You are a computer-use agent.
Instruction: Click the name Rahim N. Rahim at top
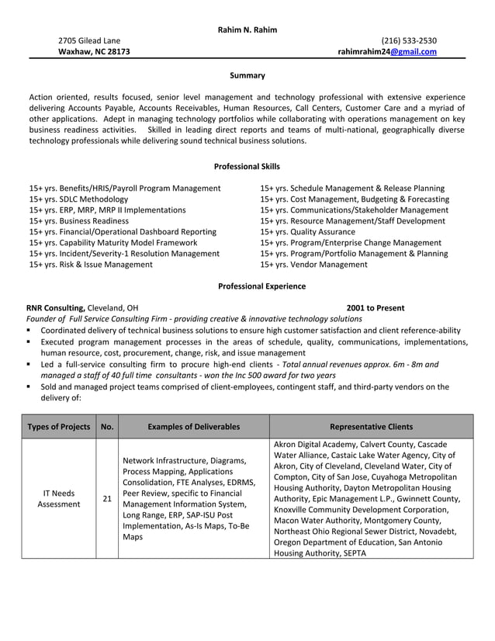pyautogui.click(x=247, y=29)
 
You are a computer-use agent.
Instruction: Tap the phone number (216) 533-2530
pyautogui.click(x=409, y=40)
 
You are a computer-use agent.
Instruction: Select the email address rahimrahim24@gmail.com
pyautogui.click(x=387, y=52)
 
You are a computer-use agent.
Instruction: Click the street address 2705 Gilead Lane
pyautogui.click(x=89, y=40)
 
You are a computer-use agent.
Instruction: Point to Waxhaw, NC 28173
pyautogui.click(x=95, y=52)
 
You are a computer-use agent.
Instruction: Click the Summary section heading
pyautogui.click(x=247, y=75)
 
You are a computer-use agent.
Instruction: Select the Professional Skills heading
pyautogui.click(x=247, y=166)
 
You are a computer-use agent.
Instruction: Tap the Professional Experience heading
pyautogui.click(x=251, y=286)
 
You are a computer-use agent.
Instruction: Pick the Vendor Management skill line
pyautogui.click(x=313, y=264)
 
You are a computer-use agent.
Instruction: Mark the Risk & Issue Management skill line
pyautogui.click(x=91, y=264)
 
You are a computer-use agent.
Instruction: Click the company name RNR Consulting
pyautogui.click(x=55, y=307)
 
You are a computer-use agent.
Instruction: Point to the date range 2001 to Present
pyautogui.click(x=375, y=307)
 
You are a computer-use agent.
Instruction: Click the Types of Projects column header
pyautogui.click(x=59, y=426)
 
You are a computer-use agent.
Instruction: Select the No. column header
pyautogui.click(x=107, y=426)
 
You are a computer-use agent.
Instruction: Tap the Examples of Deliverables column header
pyautogui.click(x=194, y=426)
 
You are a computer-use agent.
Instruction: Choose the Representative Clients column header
pyautogui.click(x=371, y=426)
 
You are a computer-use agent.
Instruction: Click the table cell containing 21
pyautogui.click(x=107, y=498)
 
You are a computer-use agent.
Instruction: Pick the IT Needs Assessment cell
pyautogui.click(x=59, y=498)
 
